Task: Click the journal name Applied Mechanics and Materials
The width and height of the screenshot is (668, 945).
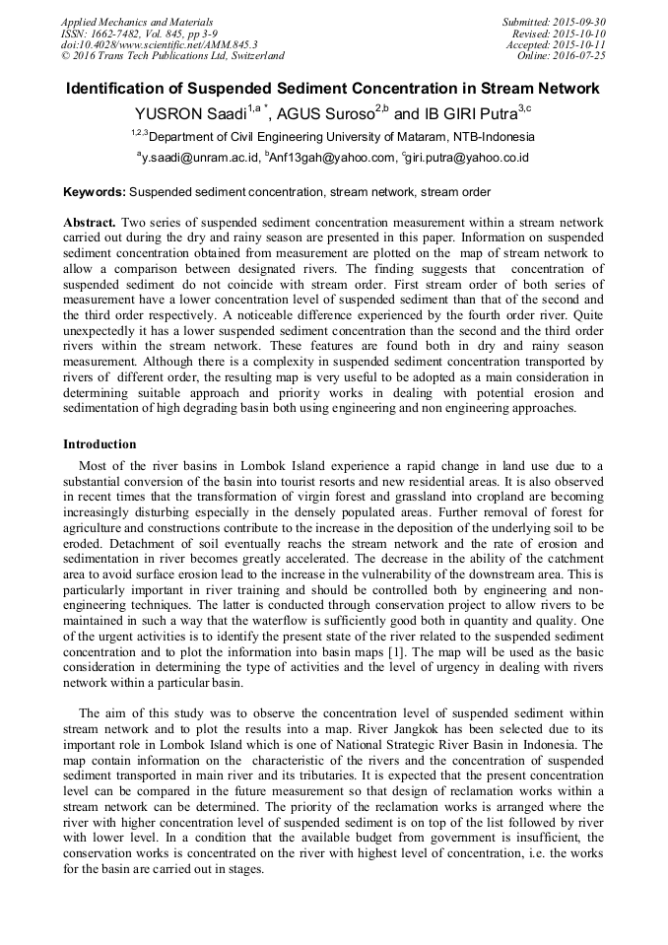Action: [x=137, y=22]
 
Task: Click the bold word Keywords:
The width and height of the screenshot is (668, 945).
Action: [x=95, y=191]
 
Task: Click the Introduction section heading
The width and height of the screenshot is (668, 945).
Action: [x=100, y=444]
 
